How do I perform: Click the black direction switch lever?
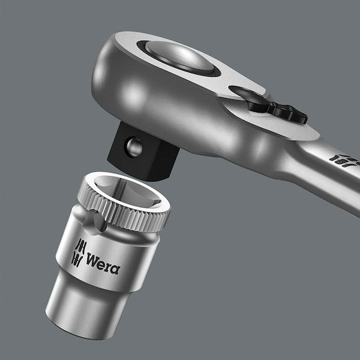coord(279,107)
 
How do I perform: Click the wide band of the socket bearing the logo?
coord(100,257)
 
